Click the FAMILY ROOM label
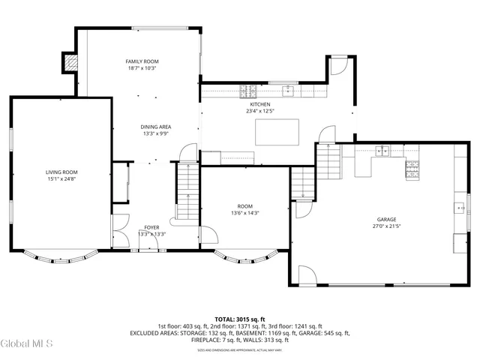click(x=142, y=61)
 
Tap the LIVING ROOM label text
click(x=61, y=172)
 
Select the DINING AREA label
click(x=155, y=127)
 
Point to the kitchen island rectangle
click(x=277, y=131)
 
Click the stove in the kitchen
click(x=247, y=91)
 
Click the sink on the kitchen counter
click(x=287, y=91)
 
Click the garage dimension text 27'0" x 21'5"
click(x=387, y=226)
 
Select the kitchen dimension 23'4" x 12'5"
click(x=259, y=111)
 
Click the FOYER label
click(x=151, y=226)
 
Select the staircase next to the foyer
click(x=185, y=192)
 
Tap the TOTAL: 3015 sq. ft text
click(x=239, y=318)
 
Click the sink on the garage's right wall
click(x=459, y=207)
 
